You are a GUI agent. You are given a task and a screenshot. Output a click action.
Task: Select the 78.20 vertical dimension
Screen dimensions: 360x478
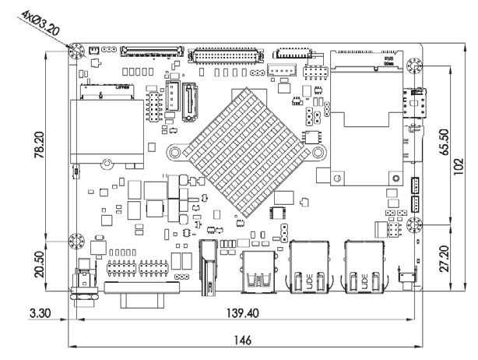(47, 147)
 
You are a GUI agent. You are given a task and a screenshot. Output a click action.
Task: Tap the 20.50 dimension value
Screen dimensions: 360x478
(47, 265)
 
